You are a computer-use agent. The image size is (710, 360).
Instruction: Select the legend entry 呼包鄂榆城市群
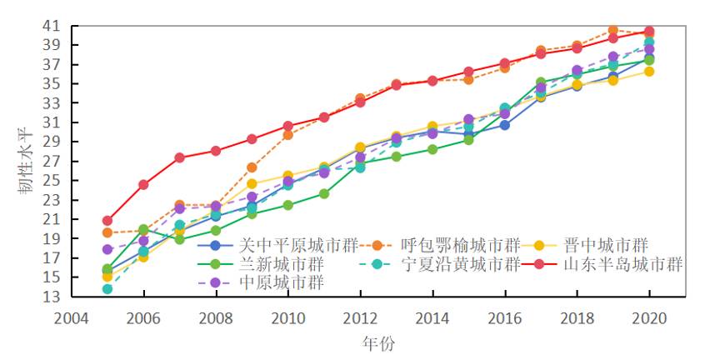tap(460, 245)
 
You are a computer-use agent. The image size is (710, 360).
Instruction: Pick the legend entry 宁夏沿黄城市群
tap(460, 264)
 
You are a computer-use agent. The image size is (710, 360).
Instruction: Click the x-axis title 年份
tap(377, 343)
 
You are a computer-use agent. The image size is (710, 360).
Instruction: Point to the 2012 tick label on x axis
tap(360, 317)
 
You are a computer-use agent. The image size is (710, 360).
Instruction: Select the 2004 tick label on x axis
tap(72, 317)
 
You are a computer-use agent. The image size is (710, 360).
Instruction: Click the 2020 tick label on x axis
tap(648, 317)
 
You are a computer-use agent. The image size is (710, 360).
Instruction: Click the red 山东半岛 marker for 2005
tap(107, 221)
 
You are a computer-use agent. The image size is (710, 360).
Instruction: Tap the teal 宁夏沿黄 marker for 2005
tap(107, 289)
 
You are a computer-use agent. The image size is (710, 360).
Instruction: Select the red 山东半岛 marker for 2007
tap(179, 157)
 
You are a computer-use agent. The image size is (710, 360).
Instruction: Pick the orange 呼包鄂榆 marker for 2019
tap(612, 30)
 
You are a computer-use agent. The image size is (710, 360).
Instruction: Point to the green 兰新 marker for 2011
tap(324, 193)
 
